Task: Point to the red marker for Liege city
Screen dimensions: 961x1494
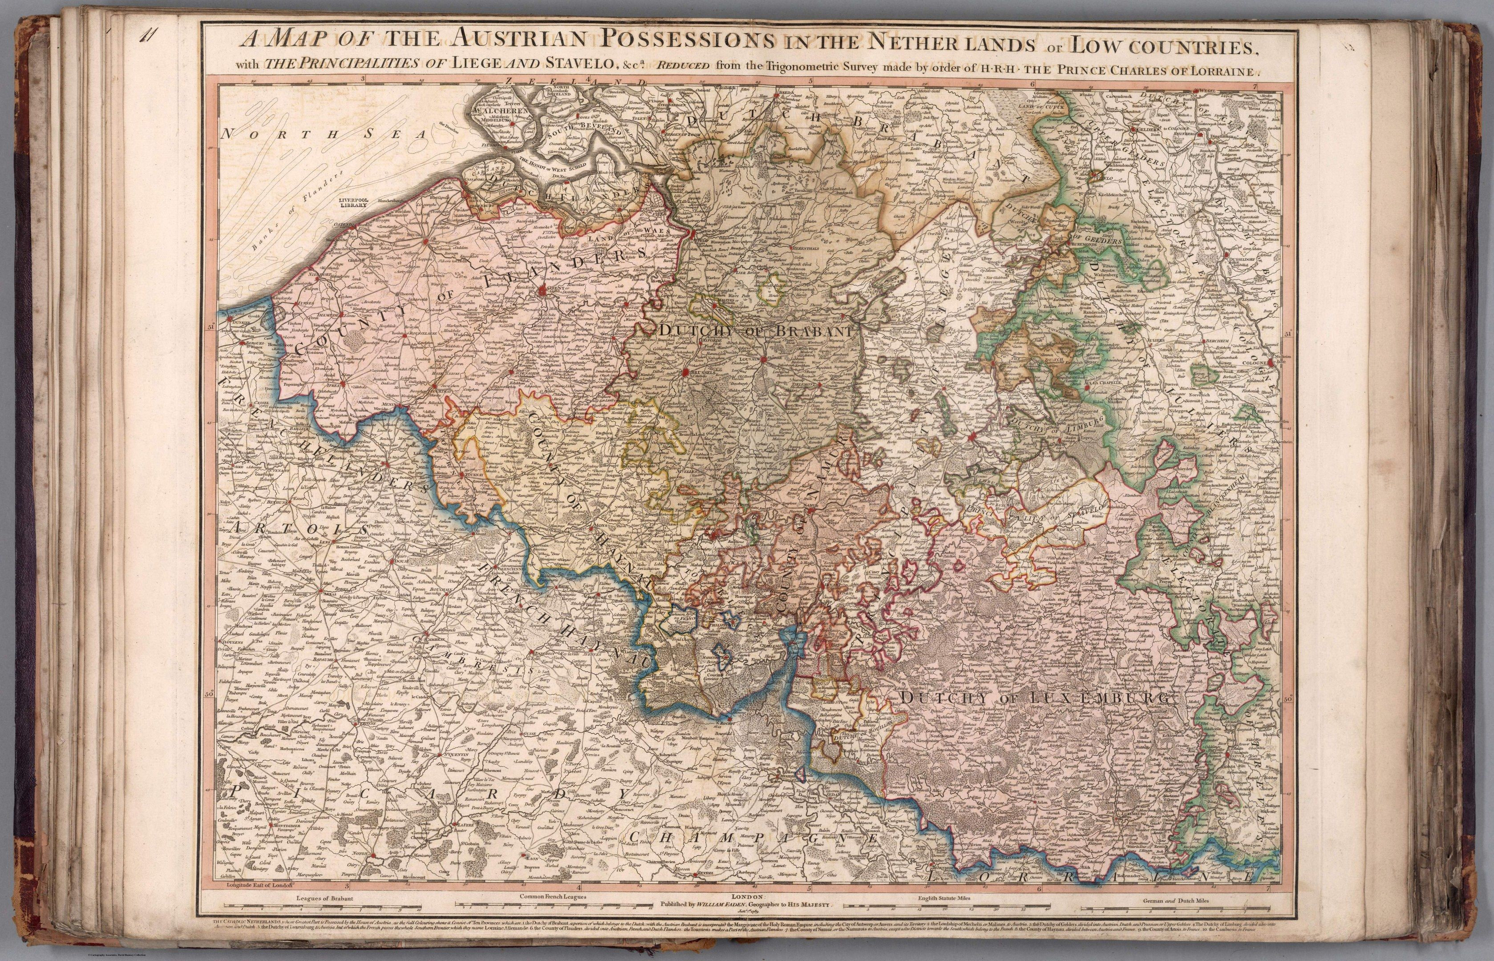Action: pos(971,438)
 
